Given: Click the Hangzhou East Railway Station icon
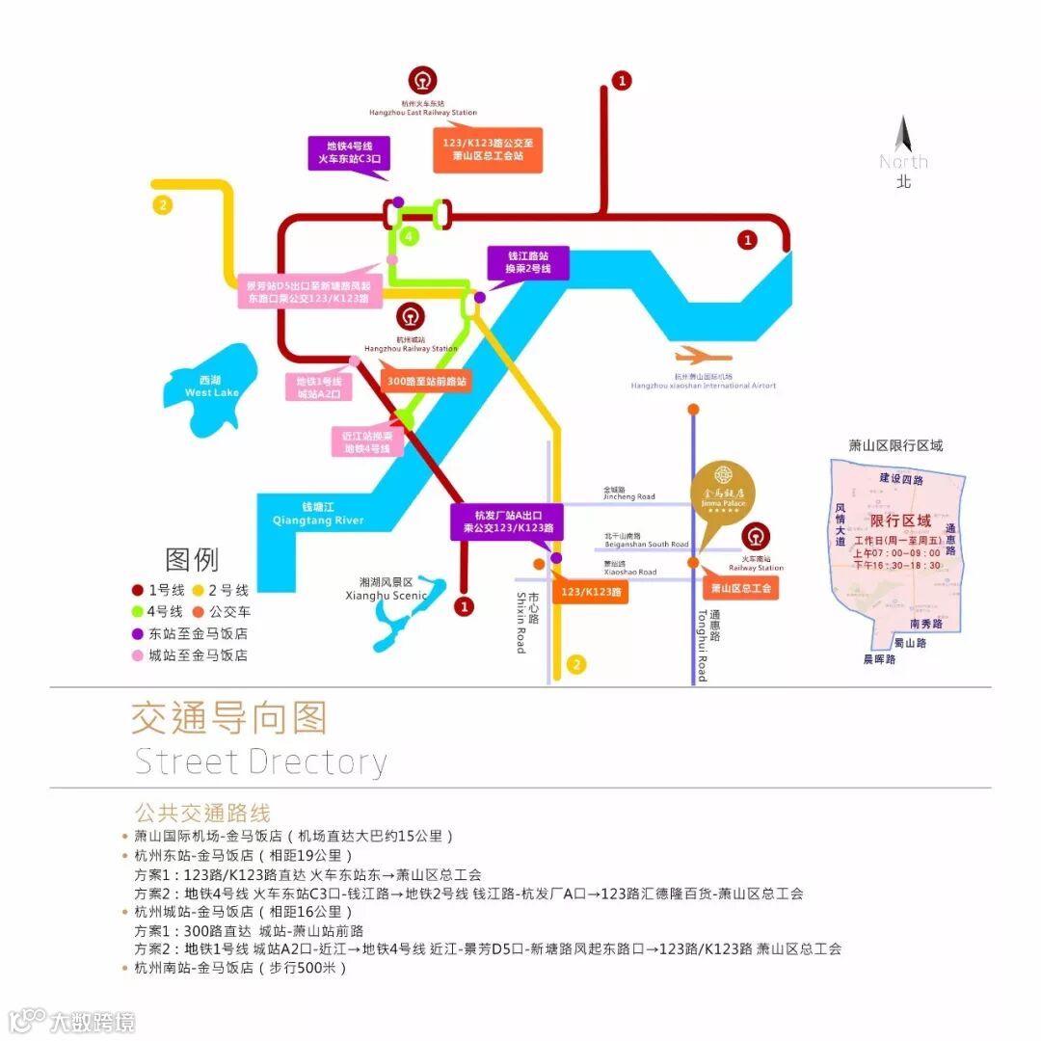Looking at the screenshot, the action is (420, 79).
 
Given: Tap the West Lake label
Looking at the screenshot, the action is (212, 387).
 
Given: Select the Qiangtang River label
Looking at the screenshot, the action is (319, 515).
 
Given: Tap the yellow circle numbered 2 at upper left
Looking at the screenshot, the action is (163, 204).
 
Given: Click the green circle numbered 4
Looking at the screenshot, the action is (409, 236).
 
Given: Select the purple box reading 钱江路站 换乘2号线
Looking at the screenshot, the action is (529, 262).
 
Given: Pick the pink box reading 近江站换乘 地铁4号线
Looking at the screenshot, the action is (367, 441).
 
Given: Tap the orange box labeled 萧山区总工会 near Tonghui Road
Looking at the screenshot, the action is (740, 587).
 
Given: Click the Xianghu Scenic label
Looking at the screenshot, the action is (391, 589).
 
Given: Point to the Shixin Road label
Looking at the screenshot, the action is (526, 621).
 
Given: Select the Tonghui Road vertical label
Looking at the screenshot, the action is (708, 645).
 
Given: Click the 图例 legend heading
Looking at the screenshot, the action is (192, 559).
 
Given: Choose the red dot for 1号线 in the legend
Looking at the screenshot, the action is (138, 590).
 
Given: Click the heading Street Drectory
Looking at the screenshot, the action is (260, 761).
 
